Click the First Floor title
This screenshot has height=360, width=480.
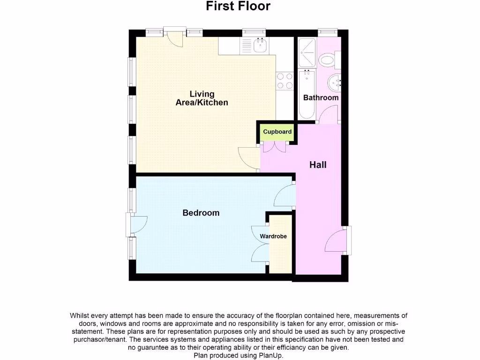(238, 7)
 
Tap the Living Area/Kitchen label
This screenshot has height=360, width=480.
(202, 98)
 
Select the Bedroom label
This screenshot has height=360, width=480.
(201, 213)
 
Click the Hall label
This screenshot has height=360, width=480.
(318, 165)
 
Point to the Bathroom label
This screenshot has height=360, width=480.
(321, 98)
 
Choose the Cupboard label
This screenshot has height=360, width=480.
(277, 132)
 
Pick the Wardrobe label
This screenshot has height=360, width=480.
(273, 236)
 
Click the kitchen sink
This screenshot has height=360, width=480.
(259, 46)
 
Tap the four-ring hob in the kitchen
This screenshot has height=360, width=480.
(285, 80)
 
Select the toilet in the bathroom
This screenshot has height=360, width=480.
(327, 60)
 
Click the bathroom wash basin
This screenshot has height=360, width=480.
(335, 83)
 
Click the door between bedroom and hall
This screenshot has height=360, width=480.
(285, 196)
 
